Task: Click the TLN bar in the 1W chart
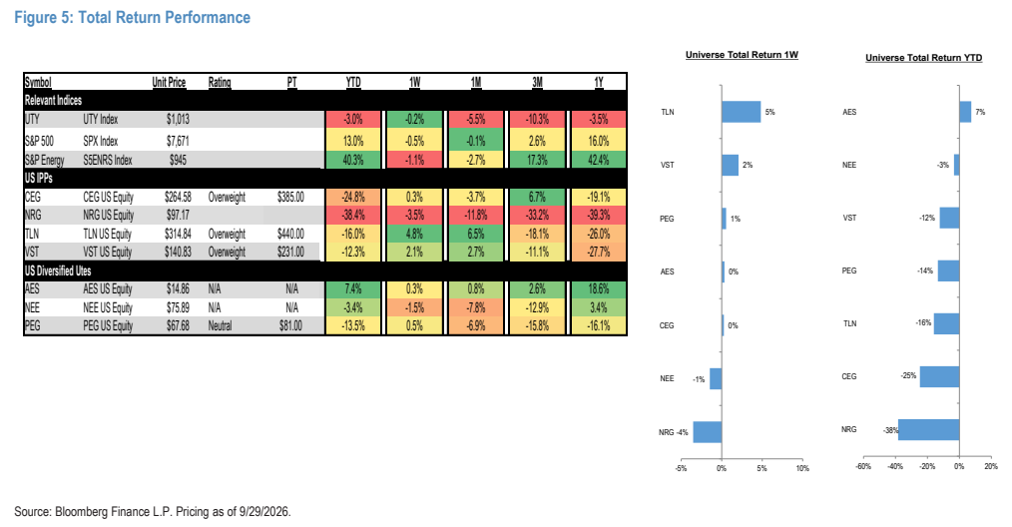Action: (741, 112)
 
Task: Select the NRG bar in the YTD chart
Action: (929, 429)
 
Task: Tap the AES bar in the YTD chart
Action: (965, 112)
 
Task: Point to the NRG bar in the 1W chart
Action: (708, 432)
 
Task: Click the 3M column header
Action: (537, 82)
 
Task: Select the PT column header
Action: (291, 82)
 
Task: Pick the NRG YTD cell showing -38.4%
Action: (353, 215)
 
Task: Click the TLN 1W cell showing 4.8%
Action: (414, 234)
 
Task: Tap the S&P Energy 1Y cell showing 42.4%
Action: (598, 160)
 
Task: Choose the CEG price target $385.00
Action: (290, 197)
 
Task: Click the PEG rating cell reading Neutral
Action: (220, 325)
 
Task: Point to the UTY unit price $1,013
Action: (178, 120)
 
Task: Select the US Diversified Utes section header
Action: (58, 270)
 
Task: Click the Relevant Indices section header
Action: (53, 101)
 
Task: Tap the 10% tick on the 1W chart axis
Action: (802, 468)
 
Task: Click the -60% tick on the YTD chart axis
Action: (863, 466)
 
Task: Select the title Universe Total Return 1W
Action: (742, 55)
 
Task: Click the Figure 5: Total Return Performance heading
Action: (133, 17)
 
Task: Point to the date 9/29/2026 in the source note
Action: (264, 511)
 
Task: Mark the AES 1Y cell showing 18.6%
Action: (598, 288)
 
